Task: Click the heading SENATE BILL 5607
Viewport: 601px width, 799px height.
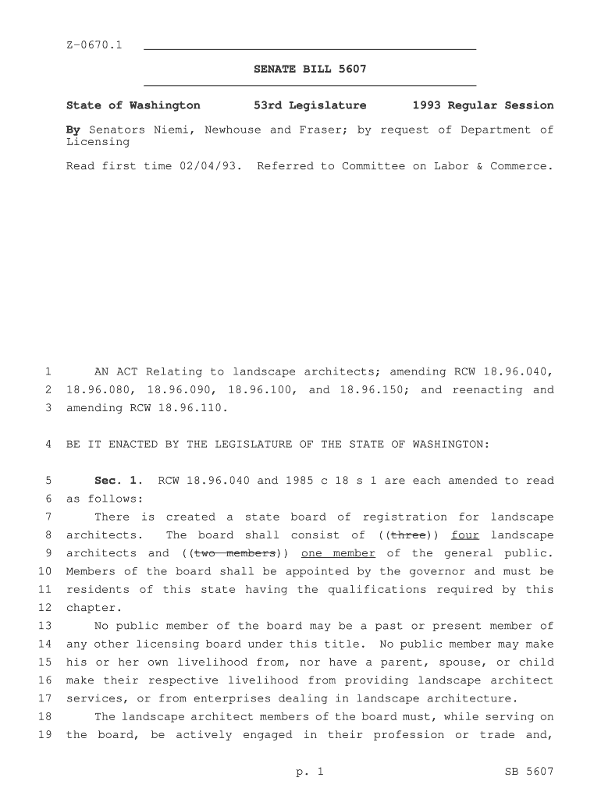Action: point(310,70)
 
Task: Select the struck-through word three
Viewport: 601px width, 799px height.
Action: point(407,535)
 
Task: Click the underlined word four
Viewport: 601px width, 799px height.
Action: point(465,535)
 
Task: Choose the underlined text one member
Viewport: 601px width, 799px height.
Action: point(338,553)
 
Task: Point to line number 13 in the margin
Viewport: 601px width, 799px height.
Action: point(44,626)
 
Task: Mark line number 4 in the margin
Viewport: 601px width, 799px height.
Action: point(48,444)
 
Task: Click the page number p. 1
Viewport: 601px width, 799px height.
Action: point(310,772)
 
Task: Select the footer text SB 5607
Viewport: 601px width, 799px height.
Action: point(529,772)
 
